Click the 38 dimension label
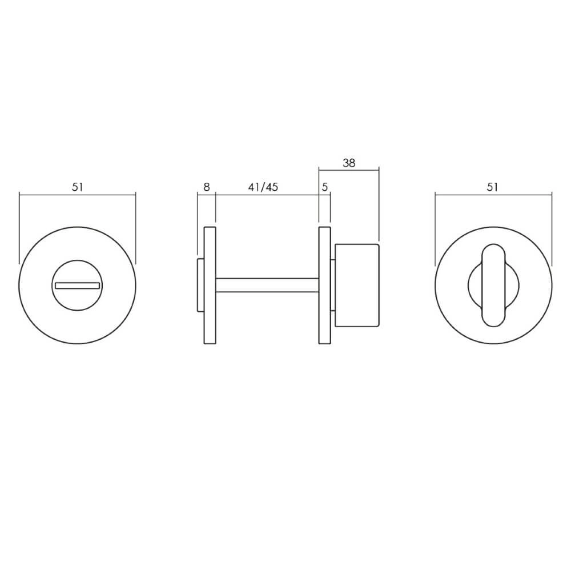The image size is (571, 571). [349, 163]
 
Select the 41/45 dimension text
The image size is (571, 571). [263, 187]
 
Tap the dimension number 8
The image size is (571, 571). [207, 187]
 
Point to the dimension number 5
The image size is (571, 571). [325, 187]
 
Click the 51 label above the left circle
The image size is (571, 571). [78, 187]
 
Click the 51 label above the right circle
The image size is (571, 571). [493, 187]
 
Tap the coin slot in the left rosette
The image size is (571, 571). [77, 285]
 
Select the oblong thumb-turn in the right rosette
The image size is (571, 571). [493, 285]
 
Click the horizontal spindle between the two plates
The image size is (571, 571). [267, 285]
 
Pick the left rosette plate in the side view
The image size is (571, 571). [210, 285]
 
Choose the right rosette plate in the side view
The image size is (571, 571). [324, 285]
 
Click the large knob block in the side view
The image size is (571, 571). [357, 285]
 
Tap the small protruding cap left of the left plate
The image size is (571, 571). [200, 285]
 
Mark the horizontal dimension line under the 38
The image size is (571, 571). [349, 170]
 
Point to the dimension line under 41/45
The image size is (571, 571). [267, 195]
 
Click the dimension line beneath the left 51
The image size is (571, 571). [78, 195]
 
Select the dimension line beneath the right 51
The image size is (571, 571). [493, 195]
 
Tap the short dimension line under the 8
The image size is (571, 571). [207, 195]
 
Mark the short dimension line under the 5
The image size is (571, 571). [325, 195]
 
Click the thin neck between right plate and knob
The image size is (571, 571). [333, 285]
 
